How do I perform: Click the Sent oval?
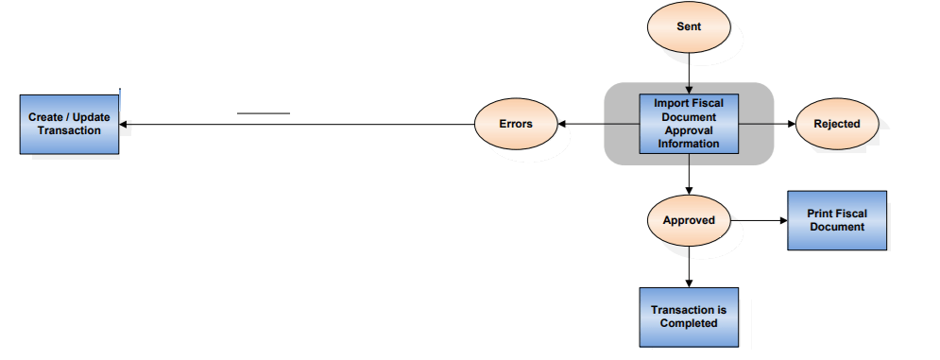click(689, 26)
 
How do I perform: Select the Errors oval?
click(515, 124)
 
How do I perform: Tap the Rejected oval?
click(836, 124)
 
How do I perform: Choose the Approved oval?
click(689, 220)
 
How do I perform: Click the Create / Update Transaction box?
click(69, 124)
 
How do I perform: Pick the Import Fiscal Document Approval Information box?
click(689, 124)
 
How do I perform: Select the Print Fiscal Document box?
click(836, 220)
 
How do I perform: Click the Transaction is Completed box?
click(689, 317)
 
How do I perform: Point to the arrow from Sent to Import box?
click(689, 73)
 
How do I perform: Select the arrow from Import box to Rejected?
click(766, 124)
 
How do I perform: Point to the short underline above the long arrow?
click(263, 113)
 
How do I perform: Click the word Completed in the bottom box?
click(689, 323)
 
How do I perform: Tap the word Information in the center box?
click(689, 144)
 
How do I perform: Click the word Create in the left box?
click(46, 117)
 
